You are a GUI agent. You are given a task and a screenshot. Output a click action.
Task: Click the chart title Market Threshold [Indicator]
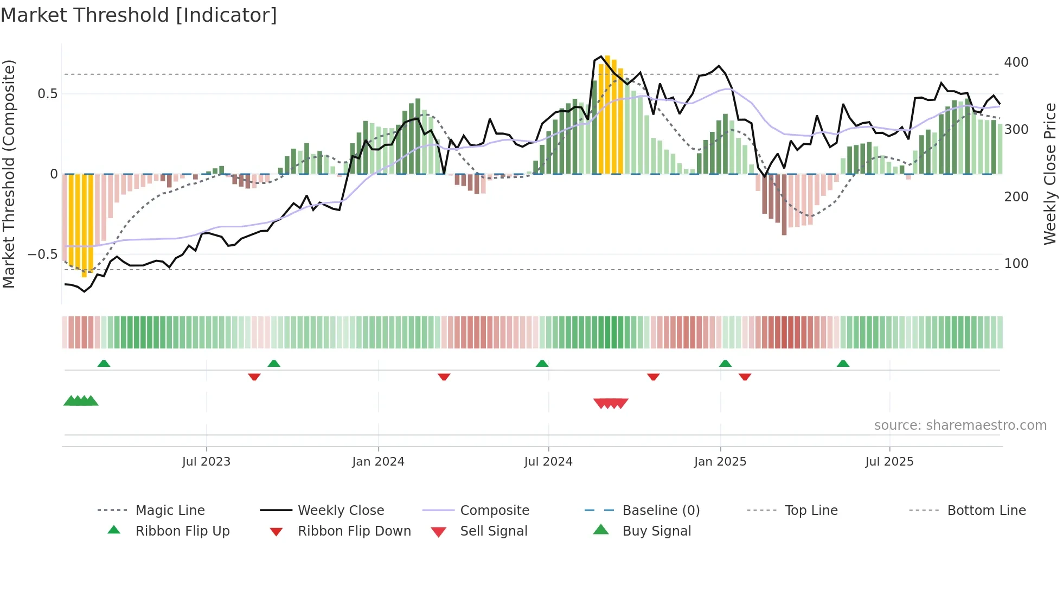[139, 15]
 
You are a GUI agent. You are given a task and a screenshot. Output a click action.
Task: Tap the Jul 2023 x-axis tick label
[206, 462]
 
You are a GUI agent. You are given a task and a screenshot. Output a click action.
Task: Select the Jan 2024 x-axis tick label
[378, 462]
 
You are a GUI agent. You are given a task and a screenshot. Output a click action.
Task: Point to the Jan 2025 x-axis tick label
[720, 462]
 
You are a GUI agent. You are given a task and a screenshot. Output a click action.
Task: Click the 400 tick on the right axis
[1016, 62]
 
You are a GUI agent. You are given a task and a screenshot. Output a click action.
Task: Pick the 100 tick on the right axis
[1016, 264]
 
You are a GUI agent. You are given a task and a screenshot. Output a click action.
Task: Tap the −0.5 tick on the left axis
[43, 255]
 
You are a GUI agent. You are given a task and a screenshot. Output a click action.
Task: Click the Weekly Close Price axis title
[1050, 174]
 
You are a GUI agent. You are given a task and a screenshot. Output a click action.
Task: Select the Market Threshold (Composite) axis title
[9, 174]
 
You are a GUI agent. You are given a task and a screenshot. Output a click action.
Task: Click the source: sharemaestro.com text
[960, 425]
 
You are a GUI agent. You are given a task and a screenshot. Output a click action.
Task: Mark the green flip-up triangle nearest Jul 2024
[542, 364]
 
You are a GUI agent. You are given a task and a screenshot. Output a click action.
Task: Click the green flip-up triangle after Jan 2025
[725, 364]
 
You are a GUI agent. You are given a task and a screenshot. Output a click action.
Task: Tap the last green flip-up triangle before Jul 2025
[843, 364]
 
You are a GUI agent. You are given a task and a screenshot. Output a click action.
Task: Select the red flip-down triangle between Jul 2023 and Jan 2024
[254, 377]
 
